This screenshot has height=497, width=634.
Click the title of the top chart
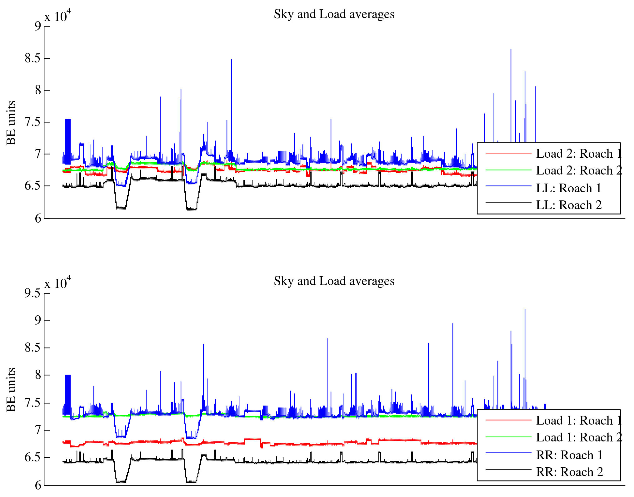pos(334,14)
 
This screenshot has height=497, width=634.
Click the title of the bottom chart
pos(334,281)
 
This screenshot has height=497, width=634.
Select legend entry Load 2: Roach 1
pos(578,154)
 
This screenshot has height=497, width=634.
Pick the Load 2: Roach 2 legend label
pos(579,170)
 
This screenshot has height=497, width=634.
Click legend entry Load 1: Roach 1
pos(578,421)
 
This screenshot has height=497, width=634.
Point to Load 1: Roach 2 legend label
pos(579,437)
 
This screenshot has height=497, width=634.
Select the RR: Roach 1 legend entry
pos(569,455)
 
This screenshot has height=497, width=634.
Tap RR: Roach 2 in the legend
pos(569,472)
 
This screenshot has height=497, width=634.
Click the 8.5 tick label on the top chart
pos(33,58)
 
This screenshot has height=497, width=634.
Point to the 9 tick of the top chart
pos(38,26)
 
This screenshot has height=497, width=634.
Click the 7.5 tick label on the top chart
pos(33,122)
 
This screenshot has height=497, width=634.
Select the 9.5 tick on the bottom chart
pos(33,293)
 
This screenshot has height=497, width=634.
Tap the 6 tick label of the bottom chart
pos(38,485)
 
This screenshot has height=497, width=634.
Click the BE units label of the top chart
pos(11,123)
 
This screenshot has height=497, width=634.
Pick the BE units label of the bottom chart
pos(11,390)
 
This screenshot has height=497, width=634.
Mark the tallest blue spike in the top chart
pos(511,50)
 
